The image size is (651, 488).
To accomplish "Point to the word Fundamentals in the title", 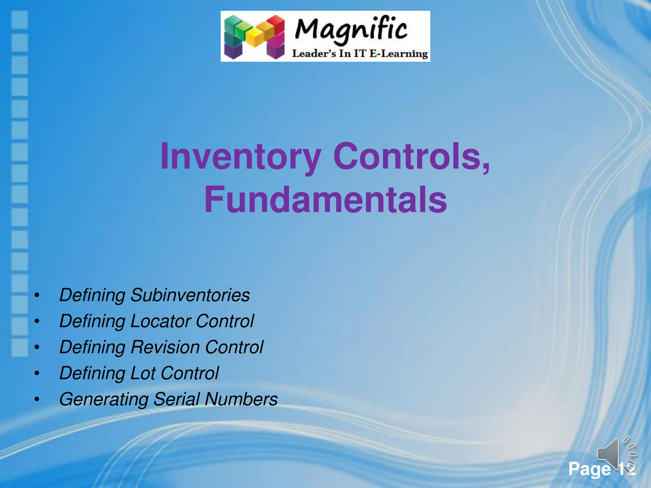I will (325, 200).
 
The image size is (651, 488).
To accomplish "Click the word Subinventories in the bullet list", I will (190, 295).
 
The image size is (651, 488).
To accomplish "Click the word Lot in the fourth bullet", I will (143, 373).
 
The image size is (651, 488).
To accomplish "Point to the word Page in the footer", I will (589, 469).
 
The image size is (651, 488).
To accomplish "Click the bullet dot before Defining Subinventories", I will (37, 295).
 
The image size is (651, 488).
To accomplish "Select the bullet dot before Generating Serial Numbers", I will (37, 399).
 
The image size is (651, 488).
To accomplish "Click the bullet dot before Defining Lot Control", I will (37, 373).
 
